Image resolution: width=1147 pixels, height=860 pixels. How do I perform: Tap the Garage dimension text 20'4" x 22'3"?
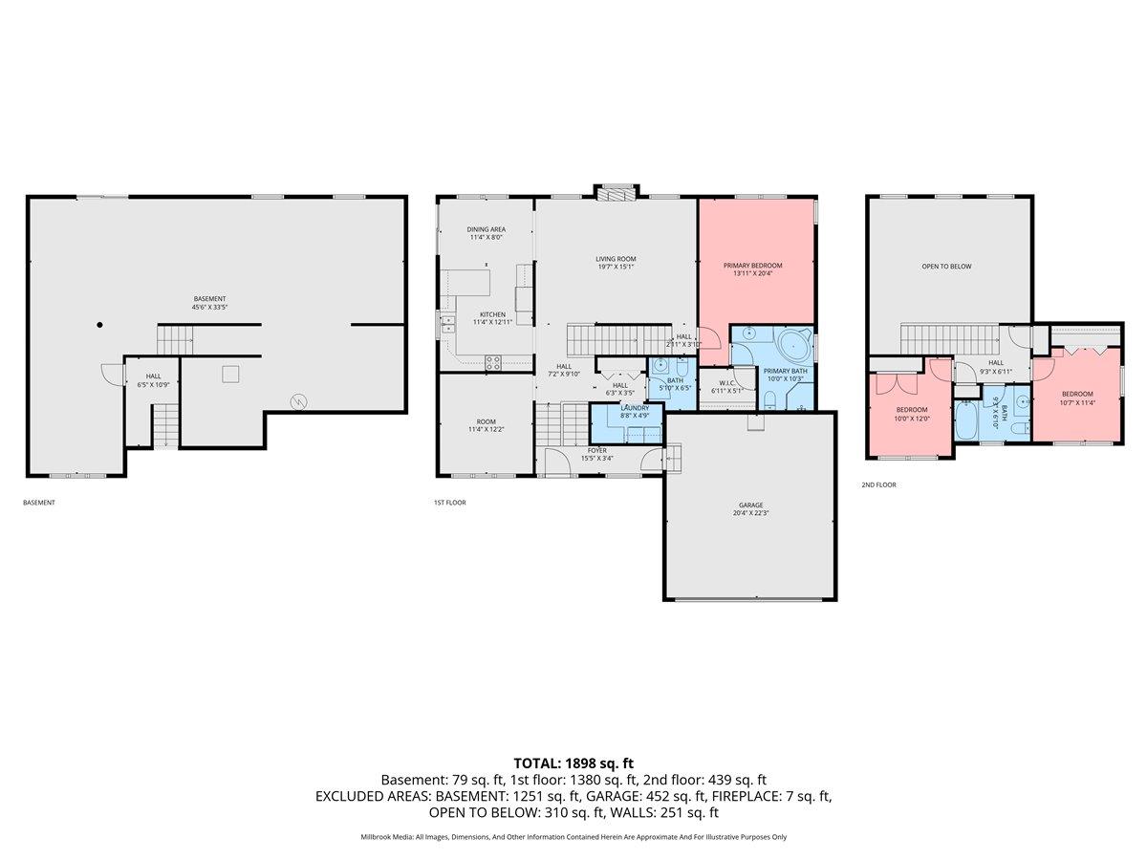tap(750, 513)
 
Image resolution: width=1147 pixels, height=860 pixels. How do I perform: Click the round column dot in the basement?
tap(99, 325)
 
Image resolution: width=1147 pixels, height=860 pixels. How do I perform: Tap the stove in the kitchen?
tap(494, 362)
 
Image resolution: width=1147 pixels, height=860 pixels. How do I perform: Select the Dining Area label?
tap(486, 229)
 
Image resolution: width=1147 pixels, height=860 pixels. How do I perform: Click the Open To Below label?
tap(946, 267)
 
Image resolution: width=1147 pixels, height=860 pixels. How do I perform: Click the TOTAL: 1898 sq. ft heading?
tap(573, 763)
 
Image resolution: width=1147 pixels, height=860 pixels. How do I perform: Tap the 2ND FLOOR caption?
tap(878, 484)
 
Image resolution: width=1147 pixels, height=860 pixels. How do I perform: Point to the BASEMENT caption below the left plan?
tap(39, 502)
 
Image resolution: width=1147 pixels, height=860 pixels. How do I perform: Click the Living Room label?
tap(616, 259)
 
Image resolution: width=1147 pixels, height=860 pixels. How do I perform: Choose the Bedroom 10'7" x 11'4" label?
tap(1076, 394)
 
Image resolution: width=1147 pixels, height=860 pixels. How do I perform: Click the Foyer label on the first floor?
tap(597, 450)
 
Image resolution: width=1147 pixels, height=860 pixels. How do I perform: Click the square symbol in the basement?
tap(230, 374)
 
